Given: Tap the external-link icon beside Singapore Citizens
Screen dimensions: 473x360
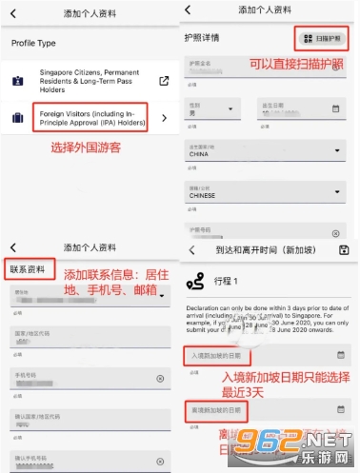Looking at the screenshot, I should pyautogui.click(x=164, y=81).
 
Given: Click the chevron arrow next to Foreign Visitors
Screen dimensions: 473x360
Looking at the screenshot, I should pyautogui.click(x=164, y=118).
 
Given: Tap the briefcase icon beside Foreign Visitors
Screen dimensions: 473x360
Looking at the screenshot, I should pyautogui.click(x=18, y=119).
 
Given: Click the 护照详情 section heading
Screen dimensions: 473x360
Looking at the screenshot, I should pyautogui.click(x=202, y=38).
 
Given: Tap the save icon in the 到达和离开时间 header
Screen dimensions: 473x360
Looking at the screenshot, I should pyautogui.click(x=344, y=249).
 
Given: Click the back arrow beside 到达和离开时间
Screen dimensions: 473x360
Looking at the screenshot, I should pyautogui.click(x=191, y=249).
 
